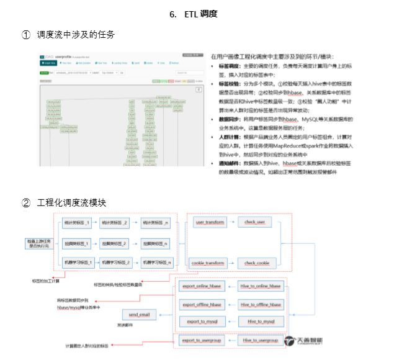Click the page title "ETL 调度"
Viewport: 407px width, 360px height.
[x=200, y=14]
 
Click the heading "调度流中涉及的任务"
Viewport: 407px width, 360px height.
[x=76, y=35]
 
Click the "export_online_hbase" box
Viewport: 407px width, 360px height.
[x=202, y=286]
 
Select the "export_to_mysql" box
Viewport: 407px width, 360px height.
[x=202, y=322]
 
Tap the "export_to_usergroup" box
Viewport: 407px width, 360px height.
[x=202, y=341]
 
